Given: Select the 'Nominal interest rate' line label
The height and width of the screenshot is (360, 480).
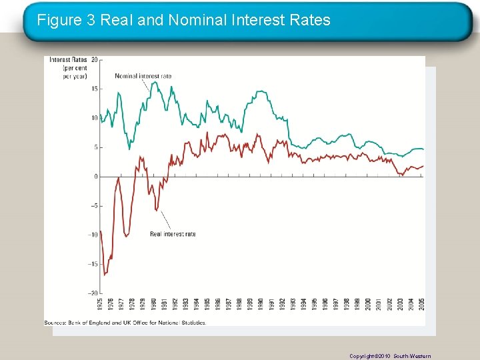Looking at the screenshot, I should pos(143,76).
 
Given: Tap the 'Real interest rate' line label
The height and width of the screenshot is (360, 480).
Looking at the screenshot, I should pos(173,234).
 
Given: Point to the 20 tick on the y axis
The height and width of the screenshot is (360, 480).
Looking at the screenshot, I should pos(94,60).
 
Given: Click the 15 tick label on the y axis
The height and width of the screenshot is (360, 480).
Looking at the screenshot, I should pos(94,89).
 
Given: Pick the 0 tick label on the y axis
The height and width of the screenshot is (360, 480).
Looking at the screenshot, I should pos(95,177).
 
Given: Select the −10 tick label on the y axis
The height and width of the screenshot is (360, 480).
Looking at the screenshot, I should pos(93,235).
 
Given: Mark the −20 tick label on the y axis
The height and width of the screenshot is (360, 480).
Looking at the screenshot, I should pos(93,293).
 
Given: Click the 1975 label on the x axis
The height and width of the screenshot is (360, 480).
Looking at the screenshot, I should pos(100,304).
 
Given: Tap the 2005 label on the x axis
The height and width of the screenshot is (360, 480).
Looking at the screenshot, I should pos(423,304).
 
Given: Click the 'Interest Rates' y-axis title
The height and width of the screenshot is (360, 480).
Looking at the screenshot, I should pos(69,60).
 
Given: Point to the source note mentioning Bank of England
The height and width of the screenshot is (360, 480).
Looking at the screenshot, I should pos(125,323).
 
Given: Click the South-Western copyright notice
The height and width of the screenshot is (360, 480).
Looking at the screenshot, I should pos(390,356).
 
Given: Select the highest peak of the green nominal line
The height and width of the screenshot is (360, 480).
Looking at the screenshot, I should pos(155,82).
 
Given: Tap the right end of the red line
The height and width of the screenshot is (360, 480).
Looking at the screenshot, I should pos(423,166).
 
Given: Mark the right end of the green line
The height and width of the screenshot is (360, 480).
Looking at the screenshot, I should pos(423,149).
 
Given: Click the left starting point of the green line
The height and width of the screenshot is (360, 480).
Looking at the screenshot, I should pos(100,115).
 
